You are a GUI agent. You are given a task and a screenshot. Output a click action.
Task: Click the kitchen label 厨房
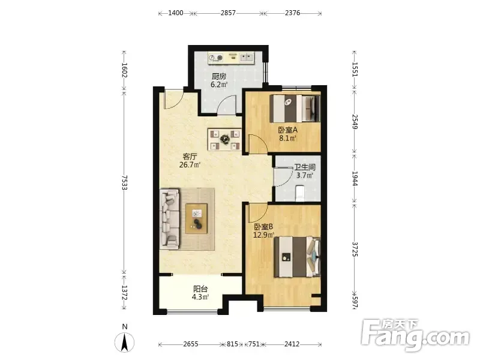point(218,76)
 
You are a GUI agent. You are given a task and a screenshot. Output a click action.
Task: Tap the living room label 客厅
point(190,157)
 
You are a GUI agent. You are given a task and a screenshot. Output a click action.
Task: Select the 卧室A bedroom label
point(288,130)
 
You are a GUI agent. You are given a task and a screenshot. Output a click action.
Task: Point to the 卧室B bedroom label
point(263,227)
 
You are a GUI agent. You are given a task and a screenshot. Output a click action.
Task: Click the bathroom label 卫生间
point(305,167)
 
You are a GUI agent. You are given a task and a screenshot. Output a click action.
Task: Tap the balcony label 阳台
point(200,289)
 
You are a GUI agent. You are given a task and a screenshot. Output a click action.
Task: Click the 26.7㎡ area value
point(190,165)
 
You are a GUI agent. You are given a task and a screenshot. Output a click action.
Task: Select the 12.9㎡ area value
point(263,235)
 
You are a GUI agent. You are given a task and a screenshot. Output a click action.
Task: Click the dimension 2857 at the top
point(228,13)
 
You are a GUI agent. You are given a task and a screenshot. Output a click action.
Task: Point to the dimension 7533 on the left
point(124,182)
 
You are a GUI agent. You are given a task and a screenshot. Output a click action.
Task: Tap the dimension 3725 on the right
point(355,249)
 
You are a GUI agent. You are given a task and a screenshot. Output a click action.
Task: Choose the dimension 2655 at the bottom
point(191,344)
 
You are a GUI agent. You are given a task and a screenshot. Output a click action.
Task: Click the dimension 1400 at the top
point(176,13)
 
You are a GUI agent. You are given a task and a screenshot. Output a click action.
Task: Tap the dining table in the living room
point(225,140)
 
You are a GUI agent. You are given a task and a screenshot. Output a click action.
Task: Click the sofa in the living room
point(169,218)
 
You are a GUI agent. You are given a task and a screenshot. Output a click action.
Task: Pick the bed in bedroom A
point(295,109)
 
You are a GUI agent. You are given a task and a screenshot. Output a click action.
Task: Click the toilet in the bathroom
point(300,193)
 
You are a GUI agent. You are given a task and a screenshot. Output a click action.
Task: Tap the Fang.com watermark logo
point(415,335)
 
